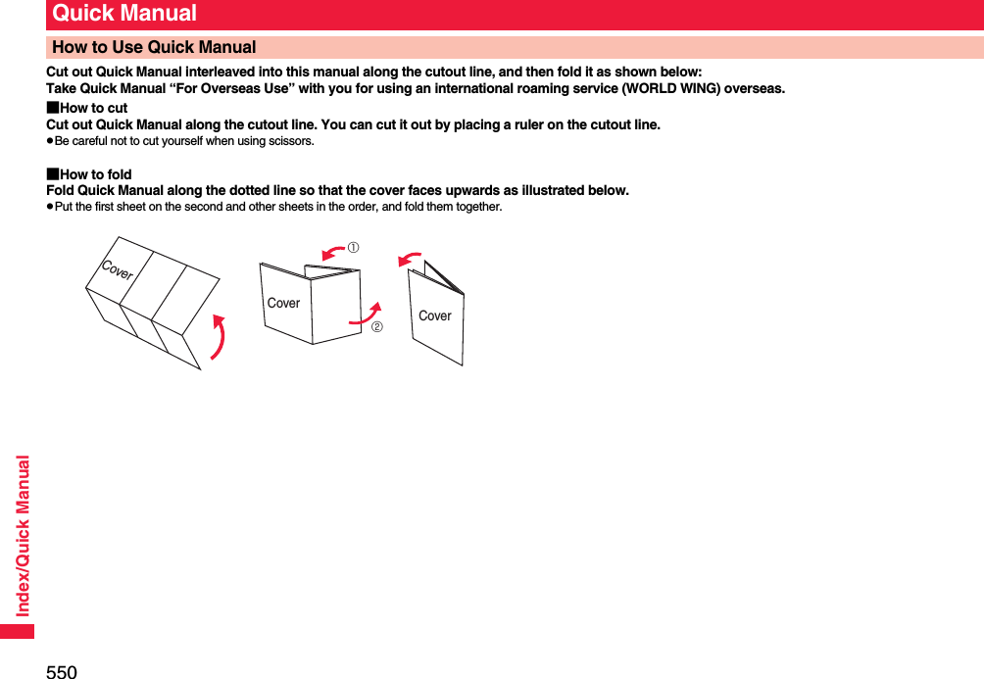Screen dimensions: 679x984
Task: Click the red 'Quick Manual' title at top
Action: pyautogui.click(x=124, y=14)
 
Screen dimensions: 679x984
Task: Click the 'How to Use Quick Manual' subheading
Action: pyautogui.click(x=154, y=47)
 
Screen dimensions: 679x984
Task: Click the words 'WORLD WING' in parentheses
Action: pyautogui.click(x=679, y=88)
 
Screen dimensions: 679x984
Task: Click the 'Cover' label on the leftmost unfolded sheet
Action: pyautogui.click(x=118, y=271)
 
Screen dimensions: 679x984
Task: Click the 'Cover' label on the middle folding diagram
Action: pyautogui.click(x=284, y=303)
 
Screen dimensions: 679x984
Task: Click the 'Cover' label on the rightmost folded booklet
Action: pyautogui.click(x=435, y=315)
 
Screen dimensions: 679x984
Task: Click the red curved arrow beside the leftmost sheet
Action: pyautogui.click(x=221, y=337)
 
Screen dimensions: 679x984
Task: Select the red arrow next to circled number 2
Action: pyautogui.click(x=366, y=313)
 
